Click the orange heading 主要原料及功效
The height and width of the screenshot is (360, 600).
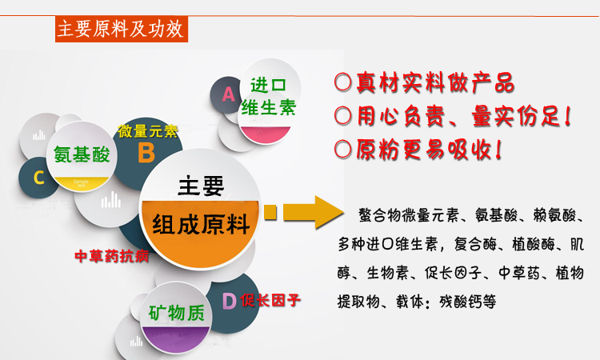121,29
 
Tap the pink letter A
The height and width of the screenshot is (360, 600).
229,94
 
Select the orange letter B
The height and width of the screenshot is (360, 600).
146,153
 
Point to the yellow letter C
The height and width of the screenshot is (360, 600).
38,178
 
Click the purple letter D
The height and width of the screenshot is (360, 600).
230,302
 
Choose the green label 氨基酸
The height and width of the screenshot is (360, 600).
82,155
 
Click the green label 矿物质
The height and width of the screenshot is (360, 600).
177,314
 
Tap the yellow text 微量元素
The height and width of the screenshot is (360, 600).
148,131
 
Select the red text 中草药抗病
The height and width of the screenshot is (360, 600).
112,256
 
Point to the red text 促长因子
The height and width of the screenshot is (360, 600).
270,300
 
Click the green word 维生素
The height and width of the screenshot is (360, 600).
269,108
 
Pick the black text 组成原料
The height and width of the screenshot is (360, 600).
201,224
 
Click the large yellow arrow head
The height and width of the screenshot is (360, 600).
329,212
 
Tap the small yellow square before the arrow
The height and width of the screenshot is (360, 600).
270,212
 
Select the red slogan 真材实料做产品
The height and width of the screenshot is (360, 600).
435,82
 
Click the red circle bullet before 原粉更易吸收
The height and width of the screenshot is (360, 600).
342,150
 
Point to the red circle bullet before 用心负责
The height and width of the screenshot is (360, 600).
342,115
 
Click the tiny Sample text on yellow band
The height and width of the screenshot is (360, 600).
81,183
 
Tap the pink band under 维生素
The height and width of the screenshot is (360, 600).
265,134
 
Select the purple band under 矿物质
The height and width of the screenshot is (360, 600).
176,338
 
